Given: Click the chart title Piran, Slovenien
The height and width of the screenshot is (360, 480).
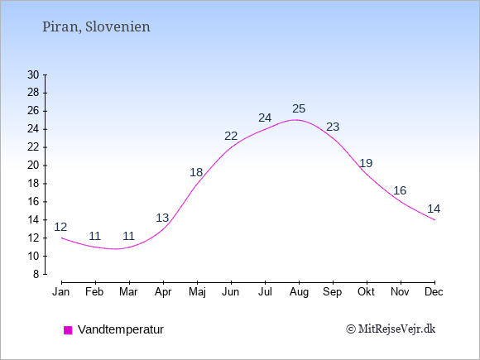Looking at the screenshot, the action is (x=96, y=26).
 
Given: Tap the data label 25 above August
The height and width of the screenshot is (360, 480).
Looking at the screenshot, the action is (x=299, y=108).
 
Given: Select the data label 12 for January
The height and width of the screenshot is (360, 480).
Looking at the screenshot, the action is (x=60, y=227).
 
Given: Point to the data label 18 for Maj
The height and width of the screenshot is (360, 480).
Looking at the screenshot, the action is (x=196, y=172).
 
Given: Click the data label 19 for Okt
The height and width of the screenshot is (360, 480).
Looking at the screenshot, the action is (x=366, y=163).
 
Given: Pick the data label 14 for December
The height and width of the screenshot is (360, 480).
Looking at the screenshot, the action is (x=434, y=209).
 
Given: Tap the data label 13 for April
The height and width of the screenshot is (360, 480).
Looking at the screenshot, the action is (x=162, y=218).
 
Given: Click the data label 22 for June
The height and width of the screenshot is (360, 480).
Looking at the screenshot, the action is (x=231, y=136).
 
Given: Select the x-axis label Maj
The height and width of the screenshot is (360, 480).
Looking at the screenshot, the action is (x=197, y=292).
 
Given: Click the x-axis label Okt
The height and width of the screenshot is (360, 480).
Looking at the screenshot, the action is (x=366, y=292).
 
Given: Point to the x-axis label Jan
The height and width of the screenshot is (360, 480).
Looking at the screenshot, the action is (x=61, y=292).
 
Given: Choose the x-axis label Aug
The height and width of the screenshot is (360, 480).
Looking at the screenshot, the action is (x=299, y=292).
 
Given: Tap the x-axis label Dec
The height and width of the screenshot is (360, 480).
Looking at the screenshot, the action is (x=434, y=292).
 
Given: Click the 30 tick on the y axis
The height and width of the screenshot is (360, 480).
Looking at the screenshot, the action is (x=33, y=74).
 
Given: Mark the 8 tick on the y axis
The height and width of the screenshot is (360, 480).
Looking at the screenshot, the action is (x=36, y=274).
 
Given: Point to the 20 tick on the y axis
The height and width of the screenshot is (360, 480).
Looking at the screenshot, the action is (x=33, y=166).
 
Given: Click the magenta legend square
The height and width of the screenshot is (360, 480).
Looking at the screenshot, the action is (x=68, y=330).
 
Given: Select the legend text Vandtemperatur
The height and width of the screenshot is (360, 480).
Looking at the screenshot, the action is (x=121, y=329).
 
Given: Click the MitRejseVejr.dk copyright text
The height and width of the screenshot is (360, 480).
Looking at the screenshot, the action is (x=391, y=329).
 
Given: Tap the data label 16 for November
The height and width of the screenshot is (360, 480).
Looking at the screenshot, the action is (x=400, y=190).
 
